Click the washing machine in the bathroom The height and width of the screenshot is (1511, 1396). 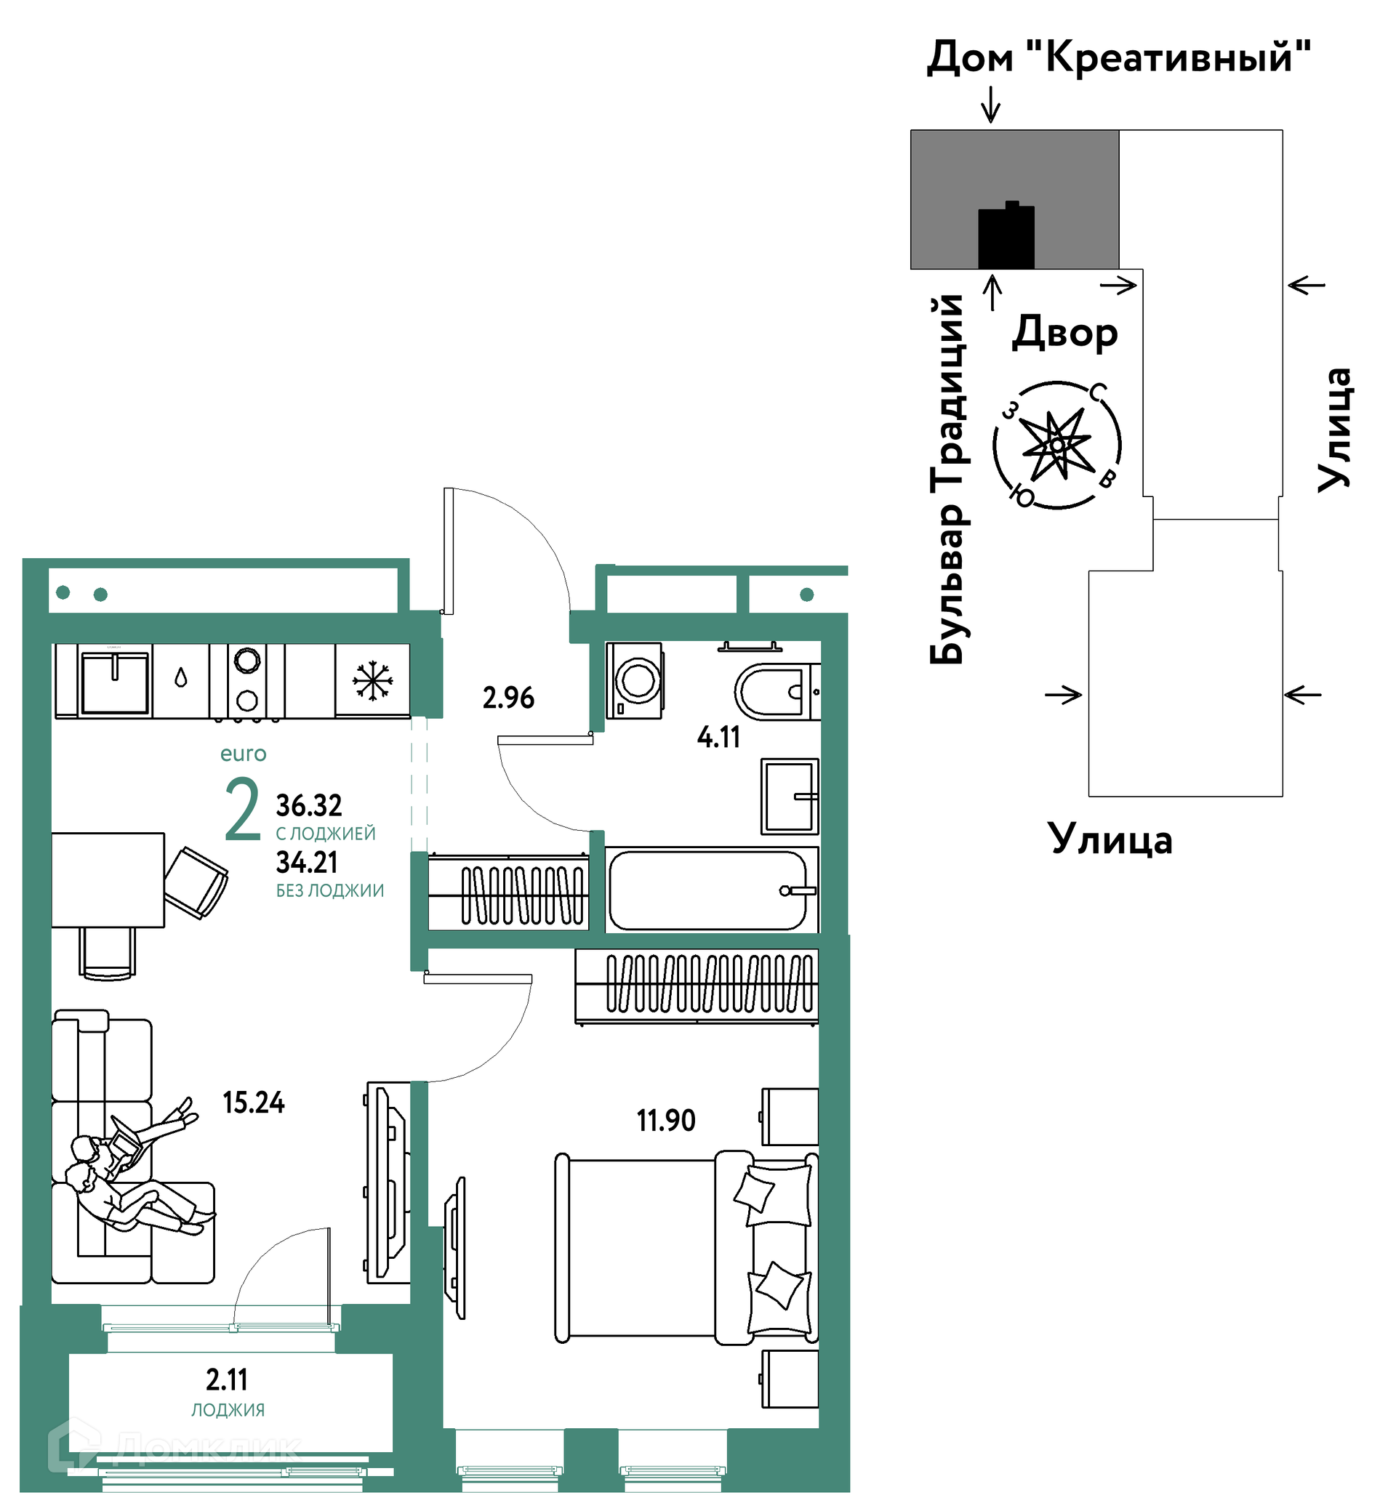pyautogui.click(x=635, y=680)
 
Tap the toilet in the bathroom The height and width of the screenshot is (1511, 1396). pyautogui.click(x=771, y=692)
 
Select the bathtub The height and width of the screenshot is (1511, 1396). pyautogui.click(x=710, y=890)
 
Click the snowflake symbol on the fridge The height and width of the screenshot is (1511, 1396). pyautogui.click(x=372, y=680)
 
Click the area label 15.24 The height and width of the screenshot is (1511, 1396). pyautogui.click(x=253, y=1103)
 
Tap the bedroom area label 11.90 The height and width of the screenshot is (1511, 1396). pyautogui.click(x=665, y=1121)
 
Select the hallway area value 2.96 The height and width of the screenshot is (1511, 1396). pyautogui.click(x=508, y=698)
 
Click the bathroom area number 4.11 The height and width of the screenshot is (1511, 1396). pyautogui.click(x=718, y=737)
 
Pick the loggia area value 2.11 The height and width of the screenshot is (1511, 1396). pyautogui.click(x=227, y=1379)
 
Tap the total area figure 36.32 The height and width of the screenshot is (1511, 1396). pyautogui.click(x=309, y=806)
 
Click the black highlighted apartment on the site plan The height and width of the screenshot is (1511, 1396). pyautogui.click(x=1006, y=237)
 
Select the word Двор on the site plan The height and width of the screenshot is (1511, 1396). pyautogui.click(x=1064, y=332)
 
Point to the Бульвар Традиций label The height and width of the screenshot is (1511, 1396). pyautogui.click(x=947, y=480)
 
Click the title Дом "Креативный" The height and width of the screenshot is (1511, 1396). pyautogui.click(x=1119, y=57)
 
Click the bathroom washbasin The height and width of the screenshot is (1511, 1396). pyautogui.click(x=790, y=796)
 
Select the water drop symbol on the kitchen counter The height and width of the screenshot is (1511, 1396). pyautogui.click(x=180, y=677)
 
